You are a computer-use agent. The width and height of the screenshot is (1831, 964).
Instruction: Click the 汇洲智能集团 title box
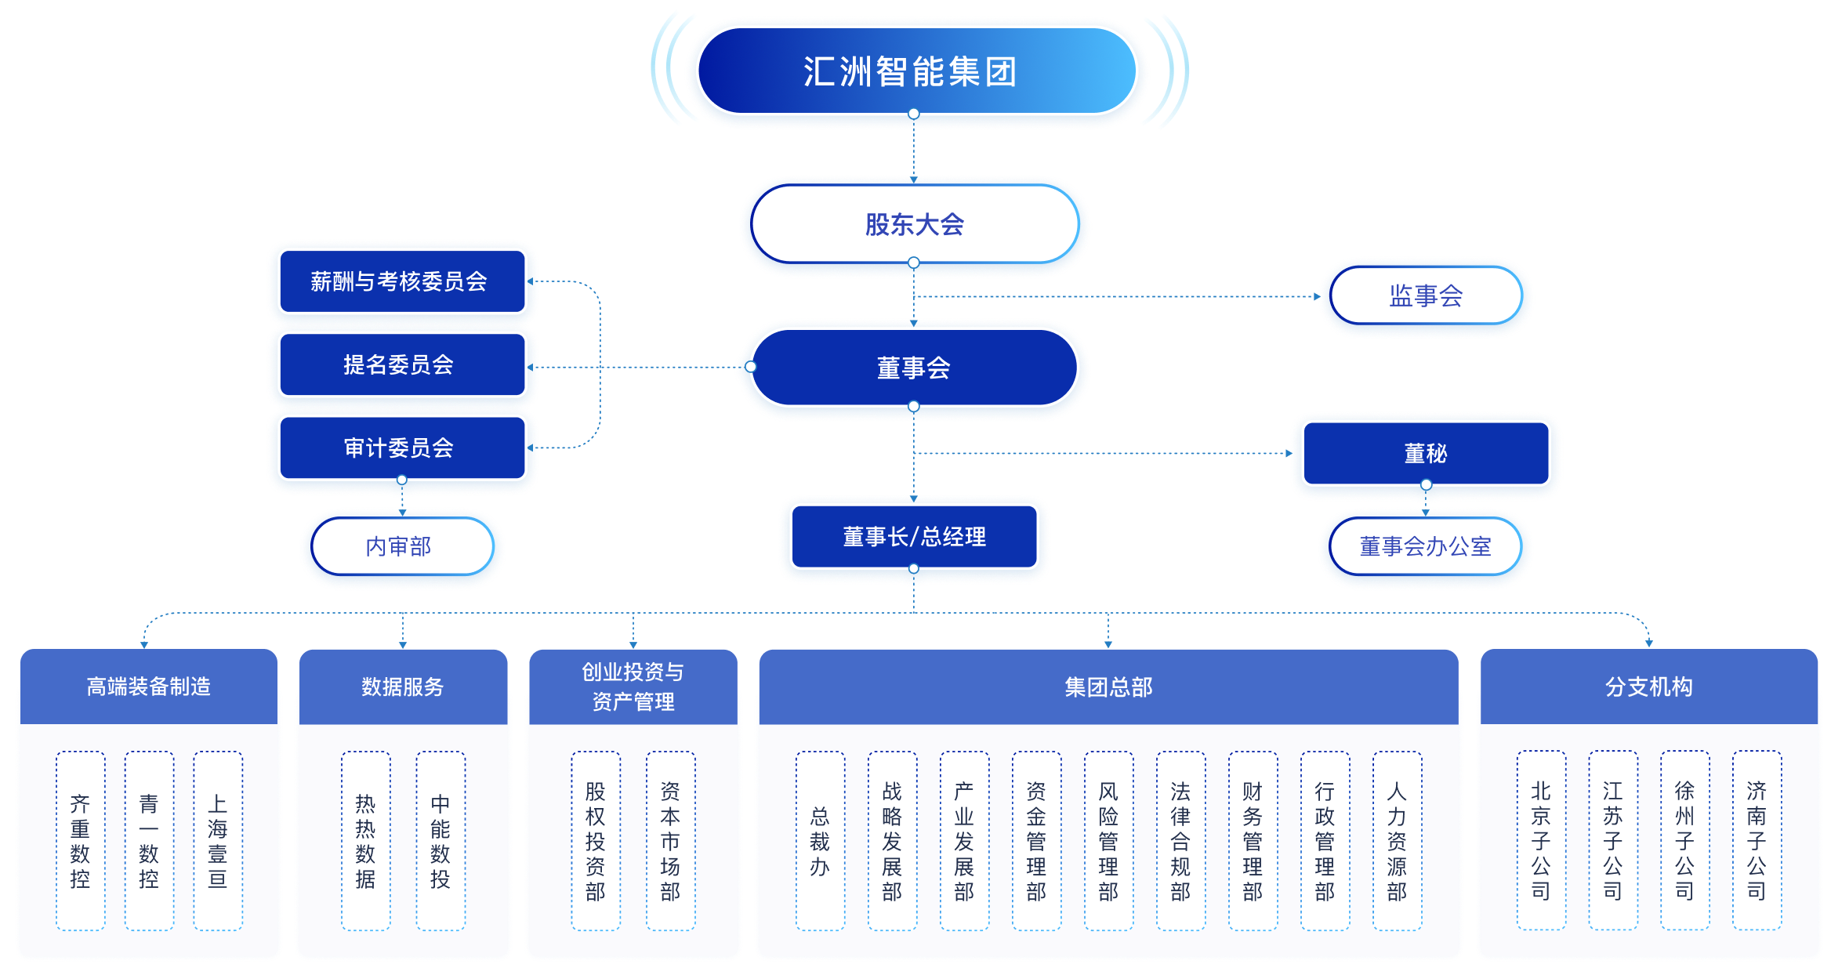pos(914,71)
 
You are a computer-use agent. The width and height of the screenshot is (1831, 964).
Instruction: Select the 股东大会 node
pos(914,224)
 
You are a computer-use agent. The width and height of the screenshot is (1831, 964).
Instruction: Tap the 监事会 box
pos(1426,295)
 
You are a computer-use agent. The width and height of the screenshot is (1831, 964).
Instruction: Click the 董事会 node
pos(914,368)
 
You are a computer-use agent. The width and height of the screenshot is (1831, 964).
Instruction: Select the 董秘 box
pos(1426,453)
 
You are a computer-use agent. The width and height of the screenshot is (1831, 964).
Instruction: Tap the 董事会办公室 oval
pos(1426,546)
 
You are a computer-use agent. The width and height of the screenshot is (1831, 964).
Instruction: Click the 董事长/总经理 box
pos(914,537)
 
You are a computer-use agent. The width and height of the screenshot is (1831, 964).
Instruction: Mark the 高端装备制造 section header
pos(149,687)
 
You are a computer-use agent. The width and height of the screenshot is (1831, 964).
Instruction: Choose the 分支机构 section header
pos(1648,687)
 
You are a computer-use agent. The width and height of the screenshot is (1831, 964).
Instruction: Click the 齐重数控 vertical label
pos(80,841)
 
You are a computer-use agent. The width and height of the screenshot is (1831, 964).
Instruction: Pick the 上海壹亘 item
pos(218,841)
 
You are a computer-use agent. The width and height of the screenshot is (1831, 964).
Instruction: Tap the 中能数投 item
pos(441,841)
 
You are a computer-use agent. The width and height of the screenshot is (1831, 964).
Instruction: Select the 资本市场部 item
pos(670,841)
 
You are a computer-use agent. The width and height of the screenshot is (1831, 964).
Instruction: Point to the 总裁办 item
pos(820,841)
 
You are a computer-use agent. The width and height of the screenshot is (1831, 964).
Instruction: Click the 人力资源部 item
pos(1397,841)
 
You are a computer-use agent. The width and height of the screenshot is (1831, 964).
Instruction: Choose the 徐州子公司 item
pos(1684,841)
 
